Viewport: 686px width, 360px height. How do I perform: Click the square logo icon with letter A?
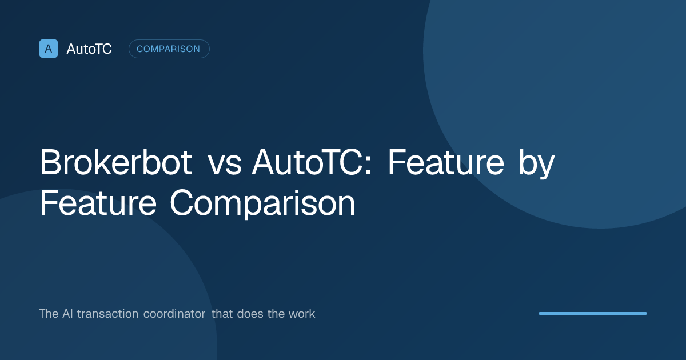[x=49, y=49]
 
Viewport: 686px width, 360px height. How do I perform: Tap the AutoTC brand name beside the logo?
[x=89, y=49]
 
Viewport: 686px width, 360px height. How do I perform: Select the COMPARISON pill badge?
[x=169, y=49]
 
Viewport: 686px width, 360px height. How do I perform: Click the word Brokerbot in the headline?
[x=117, y=162]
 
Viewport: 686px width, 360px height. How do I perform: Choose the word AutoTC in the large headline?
[x=307, y=162]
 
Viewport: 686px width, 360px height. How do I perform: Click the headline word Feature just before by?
[x=446, y=162]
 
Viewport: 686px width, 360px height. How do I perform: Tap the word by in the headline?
[x=537, y=164]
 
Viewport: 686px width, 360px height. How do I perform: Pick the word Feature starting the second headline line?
[x=98, y=202]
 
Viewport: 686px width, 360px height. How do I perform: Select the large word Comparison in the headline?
[x=262, y=204]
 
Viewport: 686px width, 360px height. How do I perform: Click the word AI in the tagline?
[x=67, y=314]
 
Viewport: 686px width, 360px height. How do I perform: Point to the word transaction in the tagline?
[x=107, y=314]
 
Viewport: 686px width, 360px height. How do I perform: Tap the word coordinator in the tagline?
[x=174, y=314]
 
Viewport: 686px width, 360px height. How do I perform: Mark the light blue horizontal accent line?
[x=593, y=314]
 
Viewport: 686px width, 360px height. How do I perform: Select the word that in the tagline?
[x=222, y=314]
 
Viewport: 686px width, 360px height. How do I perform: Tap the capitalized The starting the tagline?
[x=49, y=314]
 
